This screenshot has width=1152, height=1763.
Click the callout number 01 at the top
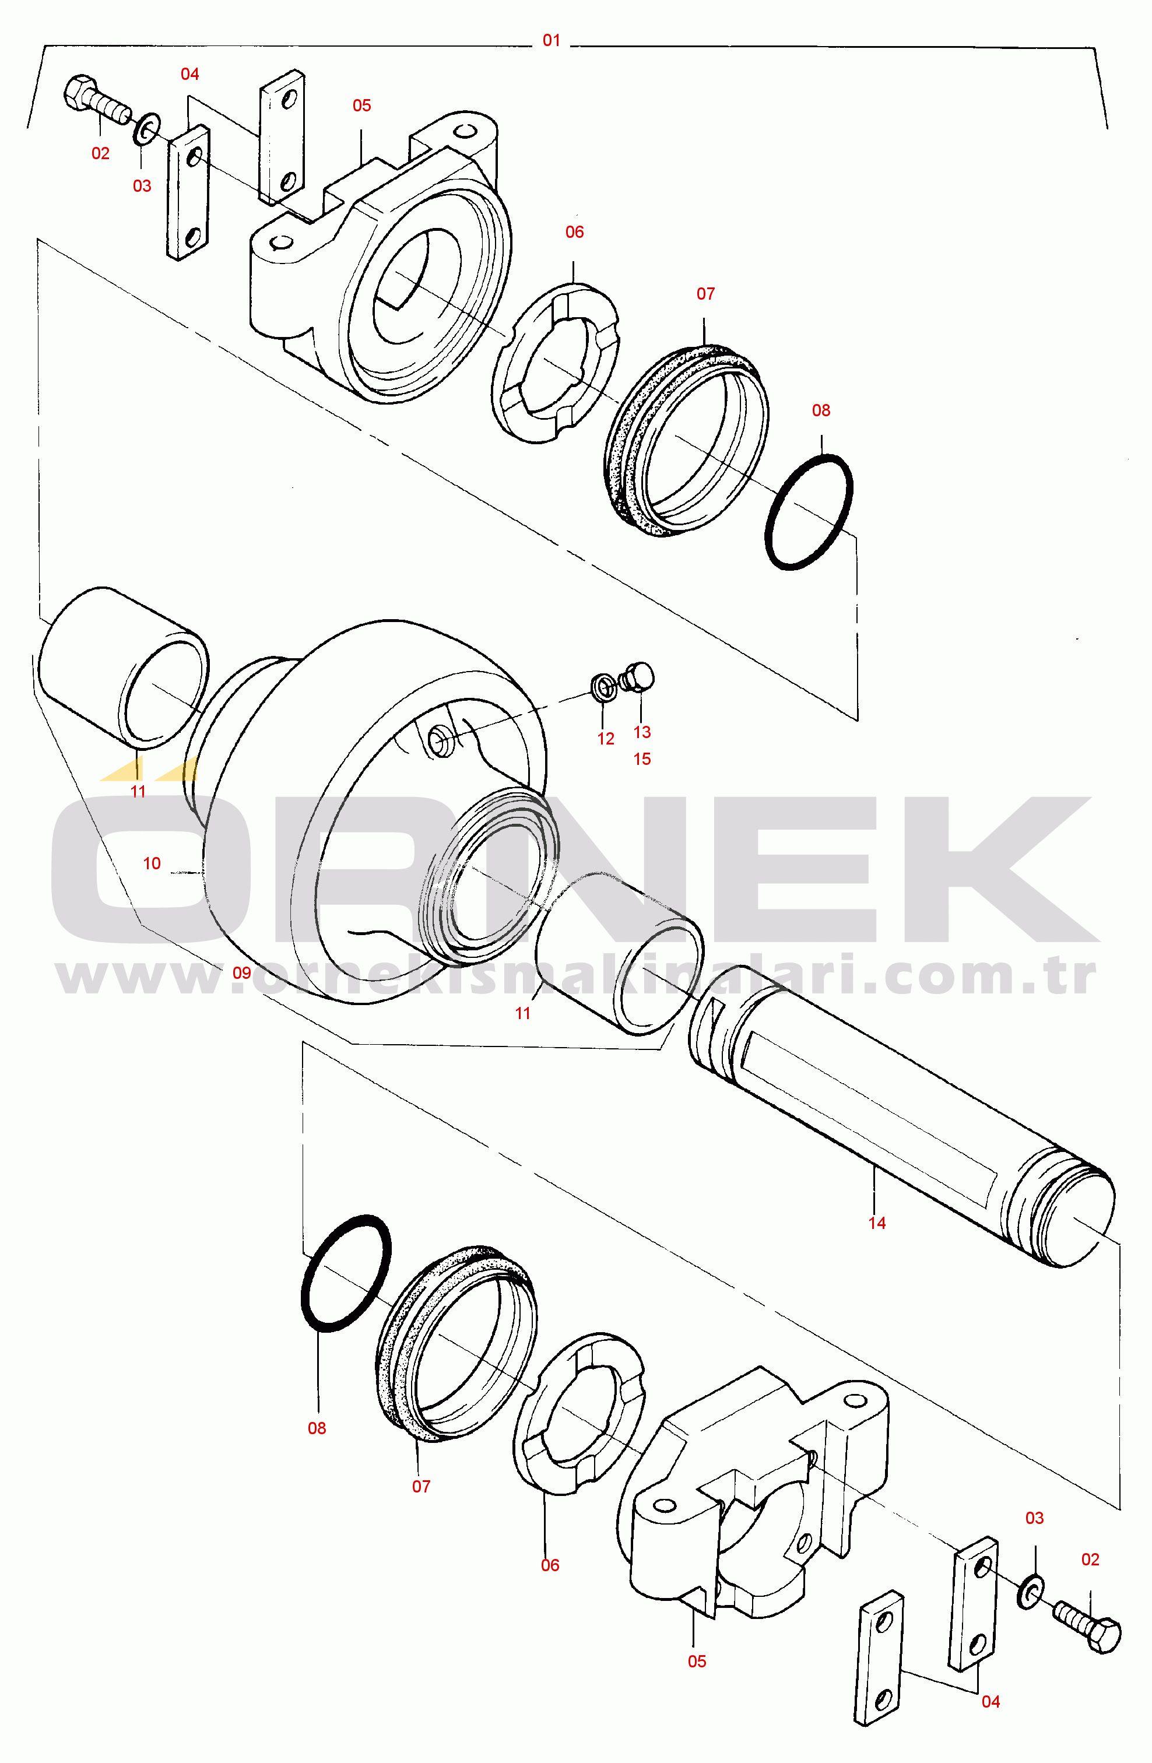tap(551, 40)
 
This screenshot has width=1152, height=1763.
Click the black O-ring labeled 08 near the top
tap(808, 512)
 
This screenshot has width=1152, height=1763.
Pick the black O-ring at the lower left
tap(346, 1273)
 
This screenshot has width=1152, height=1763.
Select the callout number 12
tap(606, 739)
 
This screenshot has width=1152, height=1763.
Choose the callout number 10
tap(152, 863)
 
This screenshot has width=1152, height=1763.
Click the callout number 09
tap(243, 972)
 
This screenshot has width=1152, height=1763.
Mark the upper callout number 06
tap(575, 232)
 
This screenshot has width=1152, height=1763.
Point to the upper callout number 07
tap(706, 294)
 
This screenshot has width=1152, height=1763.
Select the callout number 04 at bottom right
tap(991, 1702)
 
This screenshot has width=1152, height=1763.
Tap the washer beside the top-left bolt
tap(146, 129)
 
